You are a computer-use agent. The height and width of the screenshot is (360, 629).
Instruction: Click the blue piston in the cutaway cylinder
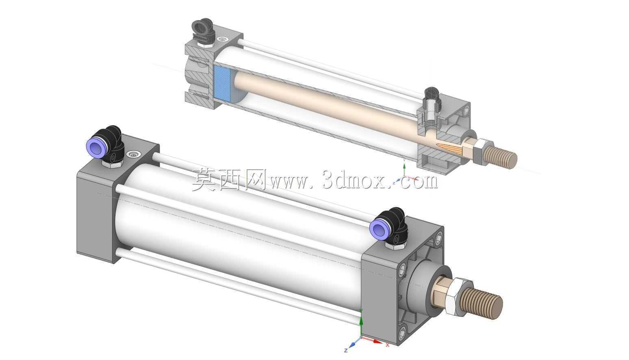tap(222, 84)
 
